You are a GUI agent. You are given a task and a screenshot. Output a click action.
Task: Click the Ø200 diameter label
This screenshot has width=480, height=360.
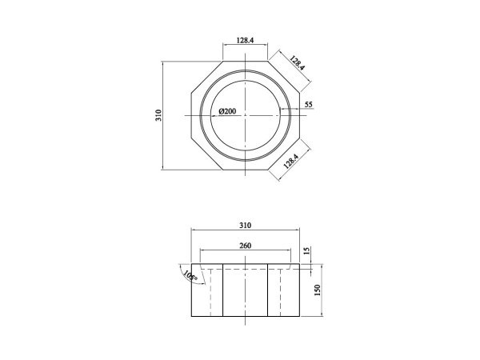pos(226,111)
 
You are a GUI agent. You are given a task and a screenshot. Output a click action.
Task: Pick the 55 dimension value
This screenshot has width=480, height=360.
pos(309,104)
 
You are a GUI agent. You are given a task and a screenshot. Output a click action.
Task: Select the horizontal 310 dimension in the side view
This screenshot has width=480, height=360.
pos(245,225)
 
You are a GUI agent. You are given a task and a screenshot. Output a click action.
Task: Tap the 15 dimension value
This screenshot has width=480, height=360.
pos(306,251)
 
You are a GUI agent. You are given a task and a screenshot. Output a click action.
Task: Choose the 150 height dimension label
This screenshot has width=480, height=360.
pos(318,289)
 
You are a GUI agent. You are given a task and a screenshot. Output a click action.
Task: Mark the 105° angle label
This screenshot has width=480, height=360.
pos(189,277)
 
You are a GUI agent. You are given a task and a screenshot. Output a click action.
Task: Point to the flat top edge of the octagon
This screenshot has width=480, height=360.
pos(245,59)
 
